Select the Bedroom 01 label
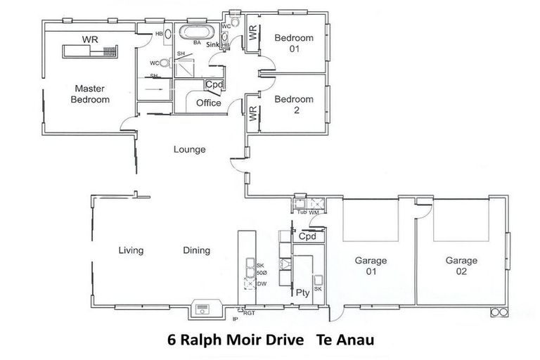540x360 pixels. pos(293,43)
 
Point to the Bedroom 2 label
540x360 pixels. pos(293,105)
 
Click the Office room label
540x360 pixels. pos(208,103)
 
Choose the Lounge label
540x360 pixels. pos(190,149)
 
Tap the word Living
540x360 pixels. pos(131,250)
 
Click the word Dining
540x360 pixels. pos(196,250)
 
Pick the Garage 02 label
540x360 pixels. pos(461,265)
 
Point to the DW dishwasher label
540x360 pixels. pos(261,283)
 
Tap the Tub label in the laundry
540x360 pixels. pos(302,212)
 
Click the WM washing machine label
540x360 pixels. pos(314,212)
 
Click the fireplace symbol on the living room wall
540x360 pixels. pos(203,308)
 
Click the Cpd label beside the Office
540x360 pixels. pos(214,85)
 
